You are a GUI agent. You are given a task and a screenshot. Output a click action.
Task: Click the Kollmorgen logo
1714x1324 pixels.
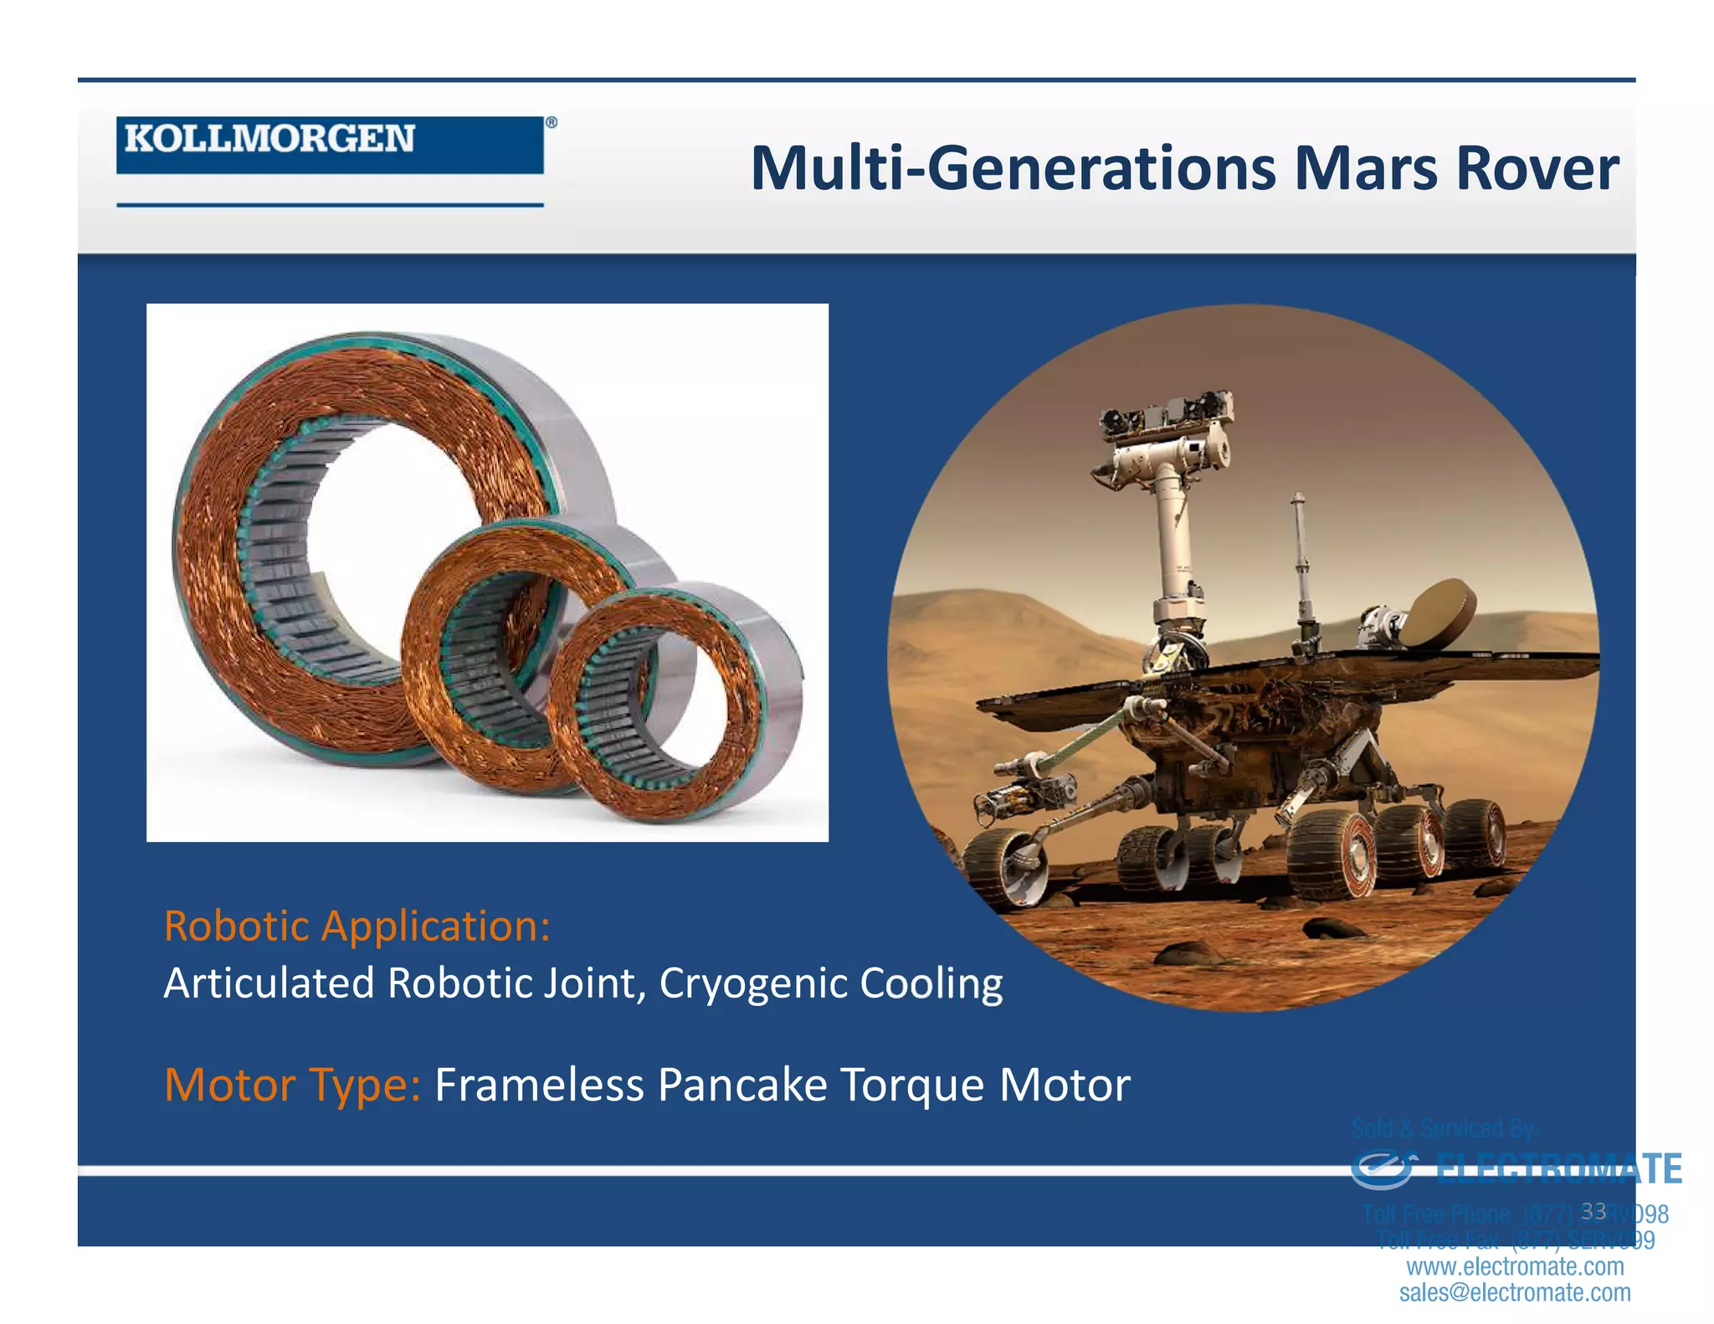click(x=330, y=144)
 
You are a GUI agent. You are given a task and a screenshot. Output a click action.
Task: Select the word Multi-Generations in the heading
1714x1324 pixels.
click(x=1014, y=169)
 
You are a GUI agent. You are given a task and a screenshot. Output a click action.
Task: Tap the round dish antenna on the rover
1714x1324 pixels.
click(x=1439, y=615)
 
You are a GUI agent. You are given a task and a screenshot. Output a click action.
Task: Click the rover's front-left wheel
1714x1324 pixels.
click(x=1004, y=866)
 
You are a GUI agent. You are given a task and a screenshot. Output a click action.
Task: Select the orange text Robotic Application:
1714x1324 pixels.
click(x=357, y=926)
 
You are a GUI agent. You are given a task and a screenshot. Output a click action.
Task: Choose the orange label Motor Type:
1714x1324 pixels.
click(x=292, y=1085)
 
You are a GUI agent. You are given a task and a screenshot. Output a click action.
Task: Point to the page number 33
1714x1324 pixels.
click(x=1593, y=1211)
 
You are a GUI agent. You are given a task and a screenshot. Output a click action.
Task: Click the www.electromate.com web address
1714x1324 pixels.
click(x=1515, y=1266)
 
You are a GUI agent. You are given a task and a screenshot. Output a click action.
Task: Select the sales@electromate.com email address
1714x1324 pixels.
click(x=1515, y=1292)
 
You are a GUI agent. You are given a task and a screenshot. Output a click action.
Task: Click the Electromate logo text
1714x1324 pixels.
click(x=1558, y=1169)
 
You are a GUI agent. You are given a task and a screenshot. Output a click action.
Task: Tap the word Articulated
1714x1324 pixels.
click(x=268, y=984)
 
